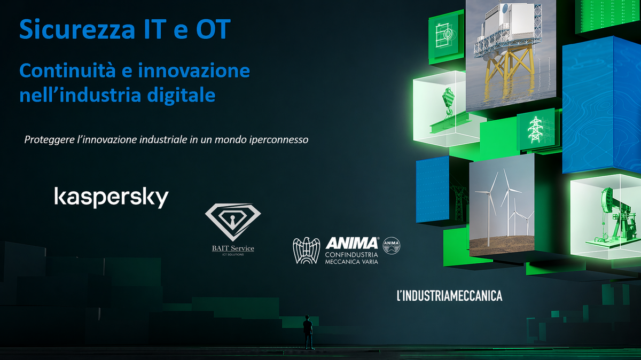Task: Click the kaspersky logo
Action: point(111,197)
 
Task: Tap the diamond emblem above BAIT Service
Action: point(233,221)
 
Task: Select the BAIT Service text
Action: point(233,248)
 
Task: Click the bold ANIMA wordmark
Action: point(352,244)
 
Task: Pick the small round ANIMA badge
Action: point(392,245)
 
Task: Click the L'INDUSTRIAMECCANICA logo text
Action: point(449,295)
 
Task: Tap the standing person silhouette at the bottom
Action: point(308,331)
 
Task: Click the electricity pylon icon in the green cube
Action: point(534,130)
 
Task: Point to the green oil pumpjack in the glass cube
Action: point(609,214)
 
